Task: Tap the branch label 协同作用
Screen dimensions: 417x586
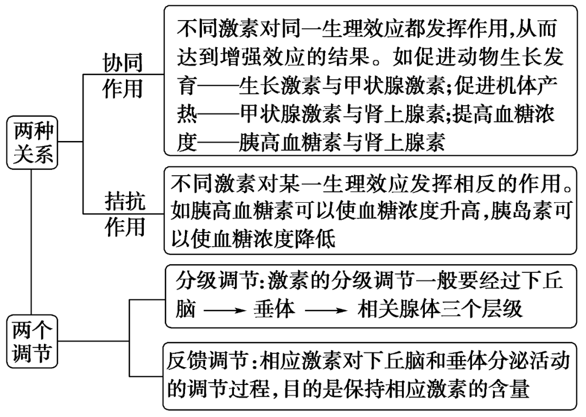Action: pos(123,75)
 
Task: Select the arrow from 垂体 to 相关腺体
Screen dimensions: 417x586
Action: pos(324,310)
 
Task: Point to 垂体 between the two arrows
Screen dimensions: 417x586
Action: pos(274,309)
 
